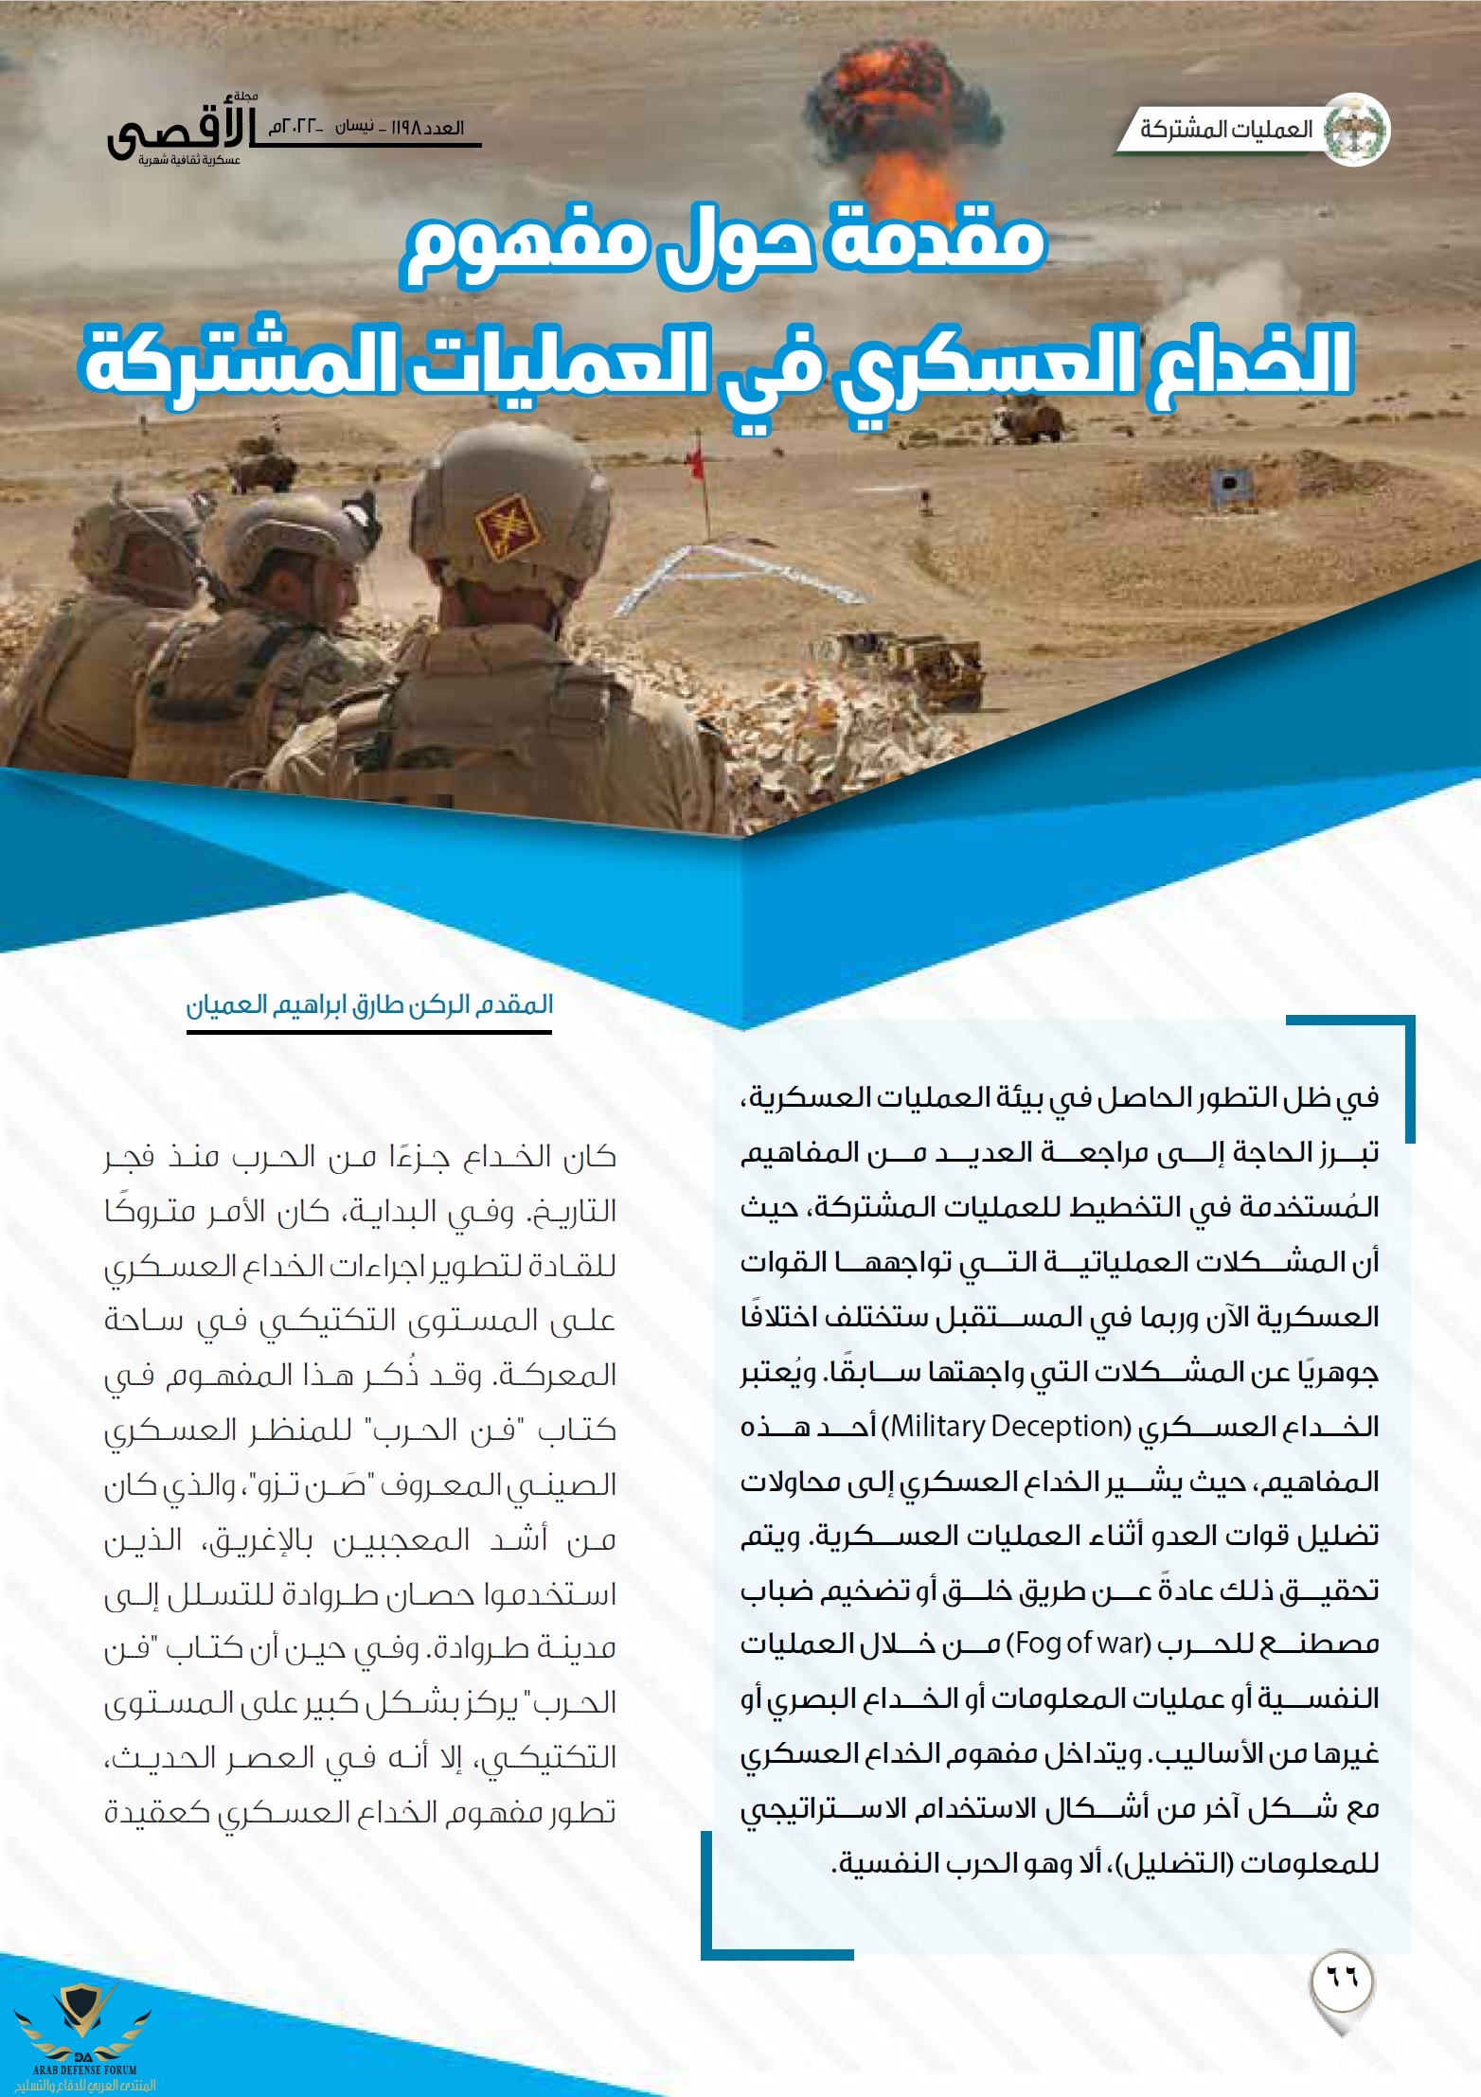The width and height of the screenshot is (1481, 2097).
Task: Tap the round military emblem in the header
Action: coord(1355,130)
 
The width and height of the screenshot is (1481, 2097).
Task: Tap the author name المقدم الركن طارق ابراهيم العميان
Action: coord(369,1004)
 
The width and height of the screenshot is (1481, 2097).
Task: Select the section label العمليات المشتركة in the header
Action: coord(1226,130)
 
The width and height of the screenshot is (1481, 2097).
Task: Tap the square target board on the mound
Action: coord(1230,483)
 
